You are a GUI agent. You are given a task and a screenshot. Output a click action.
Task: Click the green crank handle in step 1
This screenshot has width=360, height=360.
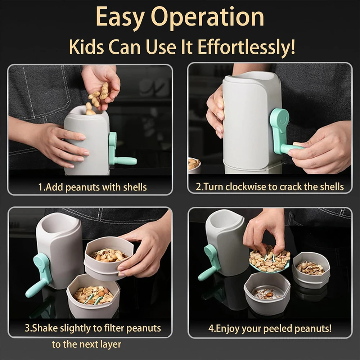click(121, 153)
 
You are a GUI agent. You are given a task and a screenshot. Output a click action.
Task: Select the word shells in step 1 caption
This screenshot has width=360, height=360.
click(133, 187)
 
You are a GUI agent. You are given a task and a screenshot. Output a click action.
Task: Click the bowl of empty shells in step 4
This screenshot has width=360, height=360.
click(310, 268)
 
